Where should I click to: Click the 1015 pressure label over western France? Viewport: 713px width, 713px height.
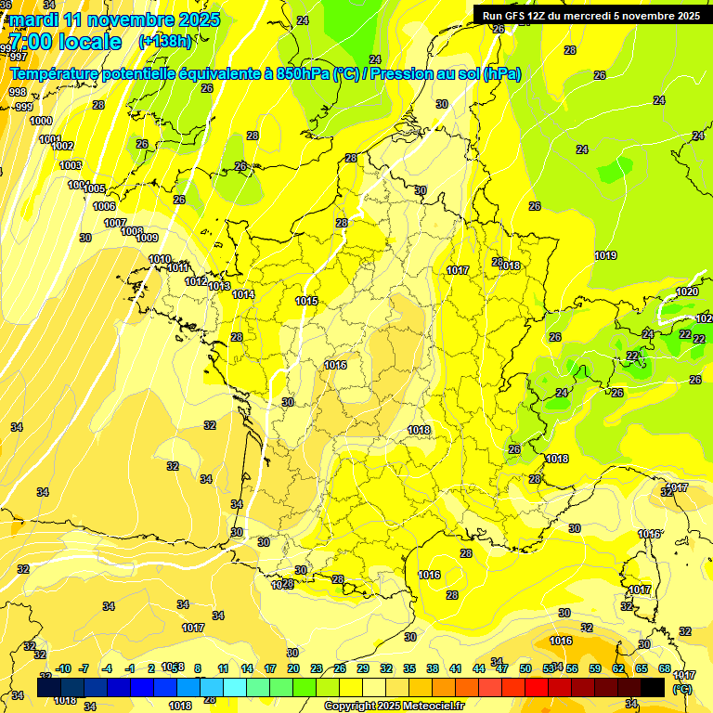(x=307, y=301)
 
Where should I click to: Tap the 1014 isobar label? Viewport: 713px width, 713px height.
(x=243, y=294)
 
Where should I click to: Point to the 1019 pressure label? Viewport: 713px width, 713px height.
(x=605, y=255)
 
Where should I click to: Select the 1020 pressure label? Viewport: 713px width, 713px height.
(x=687, y=292)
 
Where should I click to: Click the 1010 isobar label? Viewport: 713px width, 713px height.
(x=160, y=259)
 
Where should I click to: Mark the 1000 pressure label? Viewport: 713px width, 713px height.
(x=41, y=121)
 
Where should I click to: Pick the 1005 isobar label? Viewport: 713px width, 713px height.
(x=95, y=188)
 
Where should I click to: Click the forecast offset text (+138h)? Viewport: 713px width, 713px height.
(x=164, y=41)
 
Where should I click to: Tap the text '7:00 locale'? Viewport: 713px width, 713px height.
(x=65, y=42)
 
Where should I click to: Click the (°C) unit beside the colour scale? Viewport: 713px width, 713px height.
(x=682, y=688)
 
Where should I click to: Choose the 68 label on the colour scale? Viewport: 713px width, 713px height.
(x=665, y=668)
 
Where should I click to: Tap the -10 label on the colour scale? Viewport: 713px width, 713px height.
(x=64, y=668)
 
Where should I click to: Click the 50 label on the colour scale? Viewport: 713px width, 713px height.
(x=525, y=668)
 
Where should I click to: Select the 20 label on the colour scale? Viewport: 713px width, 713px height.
(x=293, y=668)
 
